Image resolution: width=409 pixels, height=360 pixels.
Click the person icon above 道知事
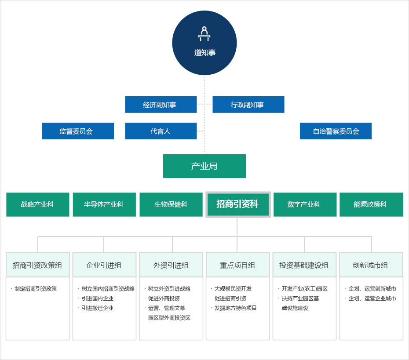click(x=204, y=34)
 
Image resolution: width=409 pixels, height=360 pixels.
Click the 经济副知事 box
click(x=161, y=105)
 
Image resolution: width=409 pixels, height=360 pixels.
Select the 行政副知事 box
click(x=248, y=105)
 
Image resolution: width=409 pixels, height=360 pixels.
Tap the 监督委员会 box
click(x=78, y=131)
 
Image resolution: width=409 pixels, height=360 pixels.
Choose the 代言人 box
click(x=161, y=131)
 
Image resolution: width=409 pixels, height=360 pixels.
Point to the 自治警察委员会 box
click(x=336, y=131)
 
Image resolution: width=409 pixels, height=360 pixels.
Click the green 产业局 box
click(x=204, y=166)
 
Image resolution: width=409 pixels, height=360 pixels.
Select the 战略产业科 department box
click(x=37, y=204)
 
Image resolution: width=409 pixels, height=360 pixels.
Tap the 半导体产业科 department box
click(x=104, y=204)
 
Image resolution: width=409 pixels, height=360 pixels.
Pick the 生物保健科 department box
click(x=171, y=204)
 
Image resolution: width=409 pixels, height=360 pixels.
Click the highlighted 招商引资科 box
click(x=237, y=204)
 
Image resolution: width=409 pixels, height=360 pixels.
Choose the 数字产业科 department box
click(x=305, y=204)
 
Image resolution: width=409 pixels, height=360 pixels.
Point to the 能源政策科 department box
click(x=371, y=204)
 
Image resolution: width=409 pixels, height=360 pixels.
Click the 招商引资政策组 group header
click(x=37, y=265)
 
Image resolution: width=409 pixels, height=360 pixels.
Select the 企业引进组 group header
click(x=104, y=265)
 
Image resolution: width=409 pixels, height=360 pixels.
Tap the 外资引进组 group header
click(x=171, y=265)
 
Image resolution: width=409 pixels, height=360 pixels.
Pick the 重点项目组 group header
click(x=237, y=265)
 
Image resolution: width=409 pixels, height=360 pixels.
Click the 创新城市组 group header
click(x=371, y=265)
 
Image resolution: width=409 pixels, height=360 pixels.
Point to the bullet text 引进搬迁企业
click(x=98, y=308)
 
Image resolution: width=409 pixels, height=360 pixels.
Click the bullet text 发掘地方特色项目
click(x=236, y=308)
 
